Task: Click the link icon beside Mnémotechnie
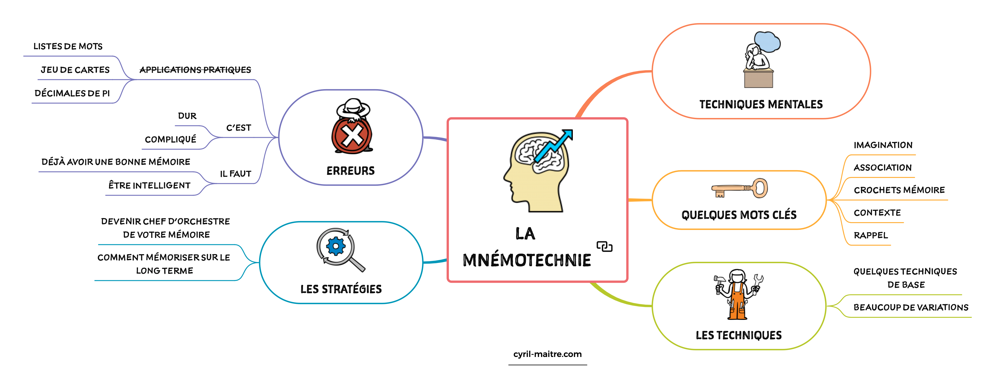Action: coord(605,246)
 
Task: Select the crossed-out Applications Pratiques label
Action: coord(195,70)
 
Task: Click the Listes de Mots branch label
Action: coord(68,46)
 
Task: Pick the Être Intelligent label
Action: coord(149,186)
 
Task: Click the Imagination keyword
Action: coord(883,145)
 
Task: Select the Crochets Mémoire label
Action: coord(899,190)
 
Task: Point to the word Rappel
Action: coord(871,235)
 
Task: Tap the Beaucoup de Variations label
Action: coord(911,307)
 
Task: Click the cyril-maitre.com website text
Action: coord(547,354)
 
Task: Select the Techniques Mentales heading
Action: coord(761,104)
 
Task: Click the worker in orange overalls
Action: coord(738,295)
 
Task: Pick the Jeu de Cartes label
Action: coord(75,70)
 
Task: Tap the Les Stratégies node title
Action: coord(341,289)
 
